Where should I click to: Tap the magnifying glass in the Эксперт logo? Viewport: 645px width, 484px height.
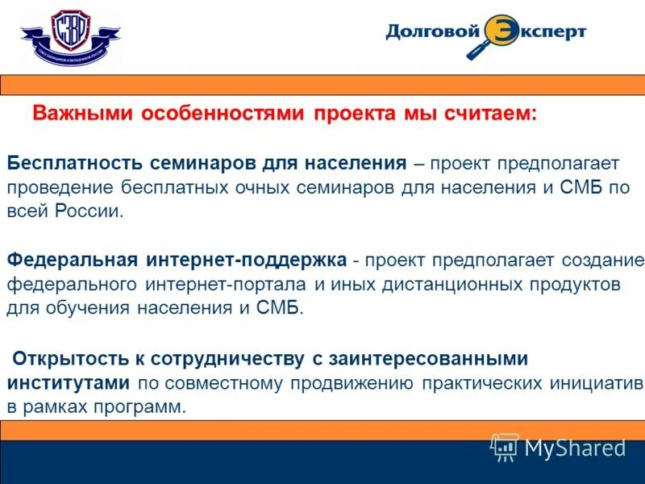point(494,36)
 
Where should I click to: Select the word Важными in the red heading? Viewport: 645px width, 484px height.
point(82,114)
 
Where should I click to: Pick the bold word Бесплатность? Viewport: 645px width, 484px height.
point(75,163)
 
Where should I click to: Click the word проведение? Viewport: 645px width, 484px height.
point(60,187)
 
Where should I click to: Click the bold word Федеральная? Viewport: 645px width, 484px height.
point(73,261)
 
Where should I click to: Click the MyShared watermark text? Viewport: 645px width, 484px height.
point(574,448)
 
